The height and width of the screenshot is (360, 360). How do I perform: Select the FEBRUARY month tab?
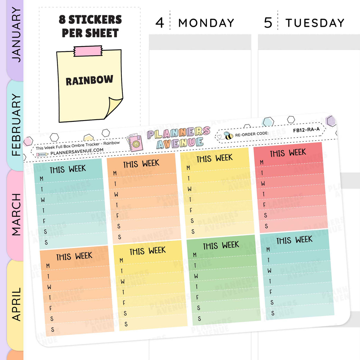click(x=15, y=125)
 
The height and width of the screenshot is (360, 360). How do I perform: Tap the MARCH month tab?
click(x=15, y=214)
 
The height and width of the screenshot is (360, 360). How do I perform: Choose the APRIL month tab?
click(x=15, y=304)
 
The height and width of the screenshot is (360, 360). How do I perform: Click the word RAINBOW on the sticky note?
click(x=89, y=80)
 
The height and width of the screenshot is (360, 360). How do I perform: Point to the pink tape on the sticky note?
click(x=88, y=51)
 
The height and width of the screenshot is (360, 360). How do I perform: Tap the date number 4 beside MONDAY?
click(x=160, y=23)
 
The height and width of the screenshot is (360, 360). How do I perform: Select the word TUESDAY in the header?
click(x=315, y=23)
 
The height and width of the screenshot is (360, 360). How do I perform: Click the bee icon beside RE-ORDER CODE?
click(x=228, y=136)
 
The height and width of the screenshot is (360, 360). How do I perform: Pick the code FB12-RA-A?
click(x=306, y=130)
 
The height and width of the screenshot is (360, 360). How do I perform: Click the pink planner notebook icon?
click(x=135, y=143)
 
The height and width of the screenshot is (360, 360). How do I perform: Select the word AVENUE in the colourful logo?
click(x=180, y=143)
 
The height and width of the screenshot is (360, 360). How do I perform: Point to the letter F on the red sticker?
click(x=264, y=205)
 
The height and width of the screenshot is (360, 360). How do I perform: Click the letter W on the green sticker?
click(x=196, y=276)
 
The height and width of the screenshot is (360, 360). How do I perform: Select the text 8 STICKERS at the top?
click(x=90, y=20)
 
